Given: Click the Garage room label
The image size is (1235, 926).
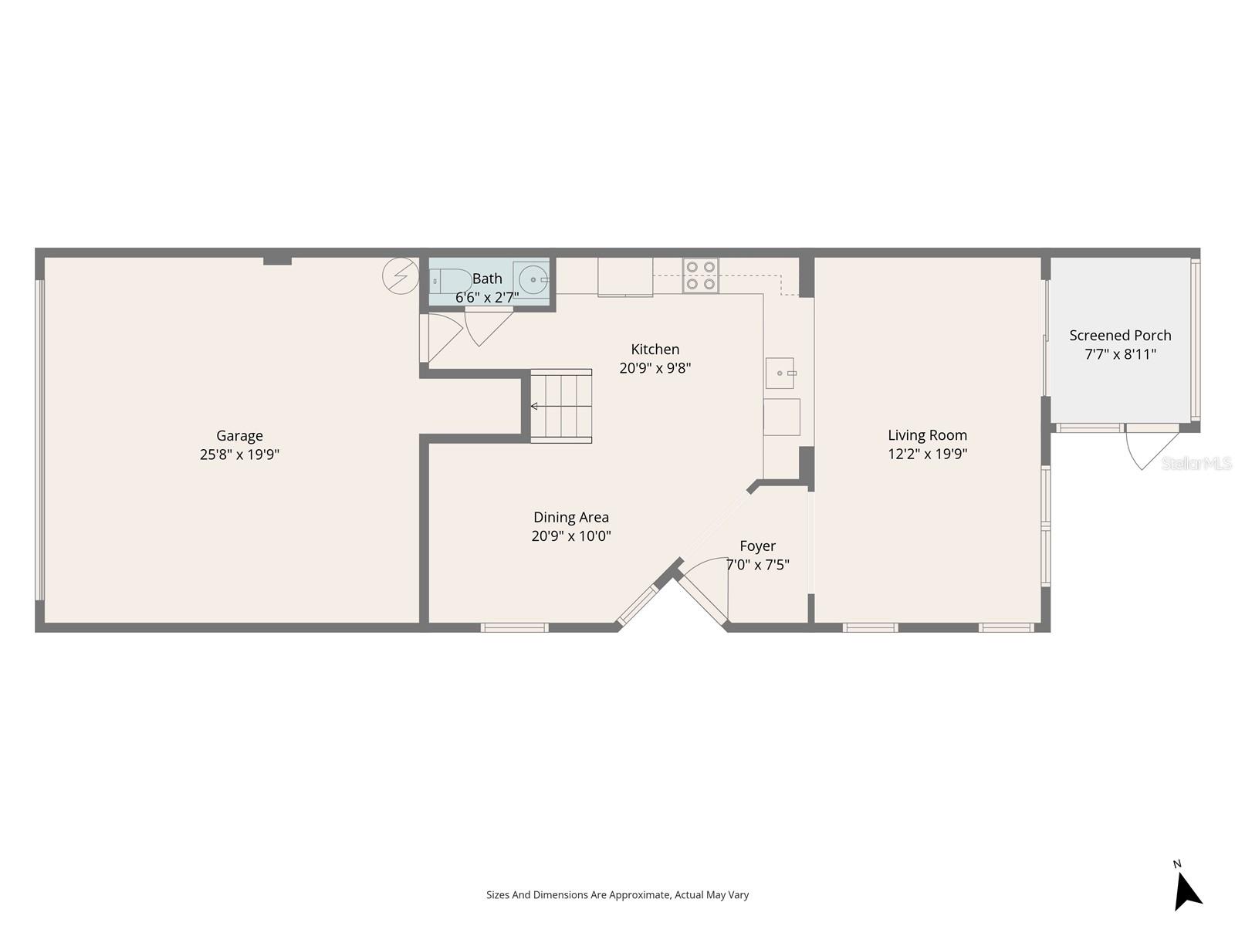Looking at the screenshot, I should pyautogui.click(x=239, y=436).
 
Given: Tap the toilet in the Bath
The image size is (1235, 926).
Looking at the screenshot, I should pyautogui.click(x=450, y=282).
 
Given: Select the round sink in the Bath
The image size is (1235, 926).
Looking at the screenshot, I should pyautogui.click(x=532, y=279).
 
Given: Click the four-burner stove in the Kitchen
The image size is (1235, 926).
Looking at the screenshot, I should pyautogui.click(x=700, y=275).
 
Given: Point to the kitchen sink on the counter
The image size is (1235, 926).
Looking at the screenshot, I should pyautogui.click(x=780, y=373).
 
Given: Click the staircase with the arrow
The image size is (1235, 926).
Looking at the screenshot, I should pyautogui.click(x=561, y=406).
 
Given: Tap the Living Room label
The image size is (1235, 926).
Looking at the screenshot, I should pyautogui.click(x=927, y=435).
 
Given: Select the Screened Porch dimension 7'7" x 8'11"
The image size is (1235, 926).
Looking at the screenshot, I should pyautogui.click(x=1120, y=354).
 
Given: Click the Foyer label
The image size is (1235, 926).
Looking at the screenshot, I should pyautogui.click(x=757, y=546).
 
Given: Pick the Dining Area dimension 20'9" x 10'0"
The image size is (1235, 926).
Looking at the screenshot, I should pyautogui.click(x=571, y=536).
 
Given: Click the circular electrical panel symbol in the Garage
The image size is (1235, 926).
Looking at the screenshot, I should pyautogui.click(x=401, y=275).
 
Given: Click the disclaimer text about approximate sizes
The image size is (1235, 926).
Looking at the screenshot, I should pyautogui.click(x=617, y=895).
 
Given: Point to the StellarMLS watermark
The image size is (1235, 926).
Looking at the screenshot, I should pyautogui.click(x=1196, y=463).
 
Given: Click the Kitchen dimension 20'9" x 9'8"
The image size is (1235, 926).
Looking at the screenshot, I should pyautogui.click(x=655, y=368).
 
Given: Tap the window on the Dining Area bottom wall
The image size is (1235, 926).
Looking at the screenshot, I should pyautogui.click(x=515, y=627).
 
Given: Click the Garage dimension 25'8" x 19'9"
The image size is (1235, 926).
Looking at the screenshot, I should pyautogui.click(x=239, y=455).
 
